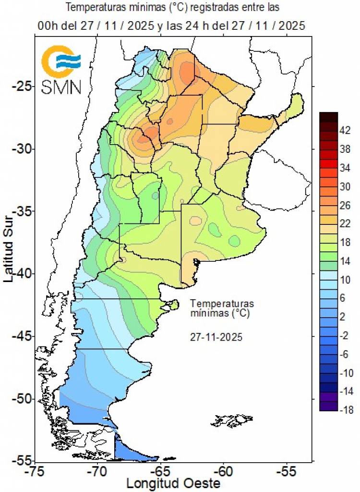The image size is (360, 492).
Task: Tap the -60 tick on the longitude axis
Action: point(223,472)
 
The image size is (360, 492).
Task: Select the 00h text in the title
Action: point(47,26)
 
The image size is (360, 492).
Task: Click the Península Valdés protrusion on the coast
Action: point(173,304)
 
